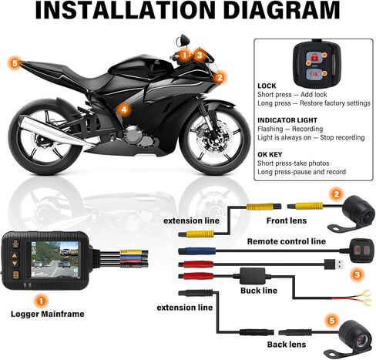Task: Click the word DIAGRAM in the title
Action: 282,10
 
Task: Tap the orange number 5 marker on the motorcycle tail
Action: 15,63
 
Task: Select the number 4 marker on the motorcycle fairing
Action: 124,109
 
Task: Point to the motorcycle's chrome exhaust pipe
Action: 55,131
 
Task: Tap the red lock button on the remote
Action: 314,57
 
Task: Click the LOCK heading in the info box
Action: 267,86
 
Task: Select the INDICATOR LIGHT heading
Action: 287,120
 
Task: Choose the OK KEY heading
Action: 270,154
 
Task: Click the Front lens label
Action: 287,220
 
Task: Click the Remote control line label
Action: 287,241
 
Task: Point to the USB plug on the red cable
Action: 334,264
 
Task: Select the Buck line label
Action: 259,291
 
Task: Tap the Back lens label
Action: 287,345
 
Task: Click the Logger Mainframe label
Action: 48,314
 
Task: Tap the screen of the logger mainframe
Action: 55,259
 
